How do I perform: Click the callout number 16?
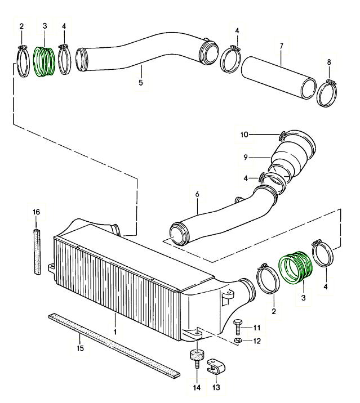coord(37,212)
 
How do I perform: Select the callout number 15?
coord(80,349)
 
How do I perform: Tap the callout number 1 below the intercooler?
coord(115,332)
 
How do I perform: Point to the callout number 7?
coord(280,44)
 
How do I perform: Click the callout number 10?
coord(245,135)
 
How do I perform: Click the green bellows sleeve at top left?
coord(43,61)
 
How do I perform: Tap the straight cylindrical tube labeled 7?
coord(279,78)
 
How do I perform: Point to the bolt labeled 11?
coord(237,327)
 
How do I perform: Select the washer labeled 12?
coord(238,341)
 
